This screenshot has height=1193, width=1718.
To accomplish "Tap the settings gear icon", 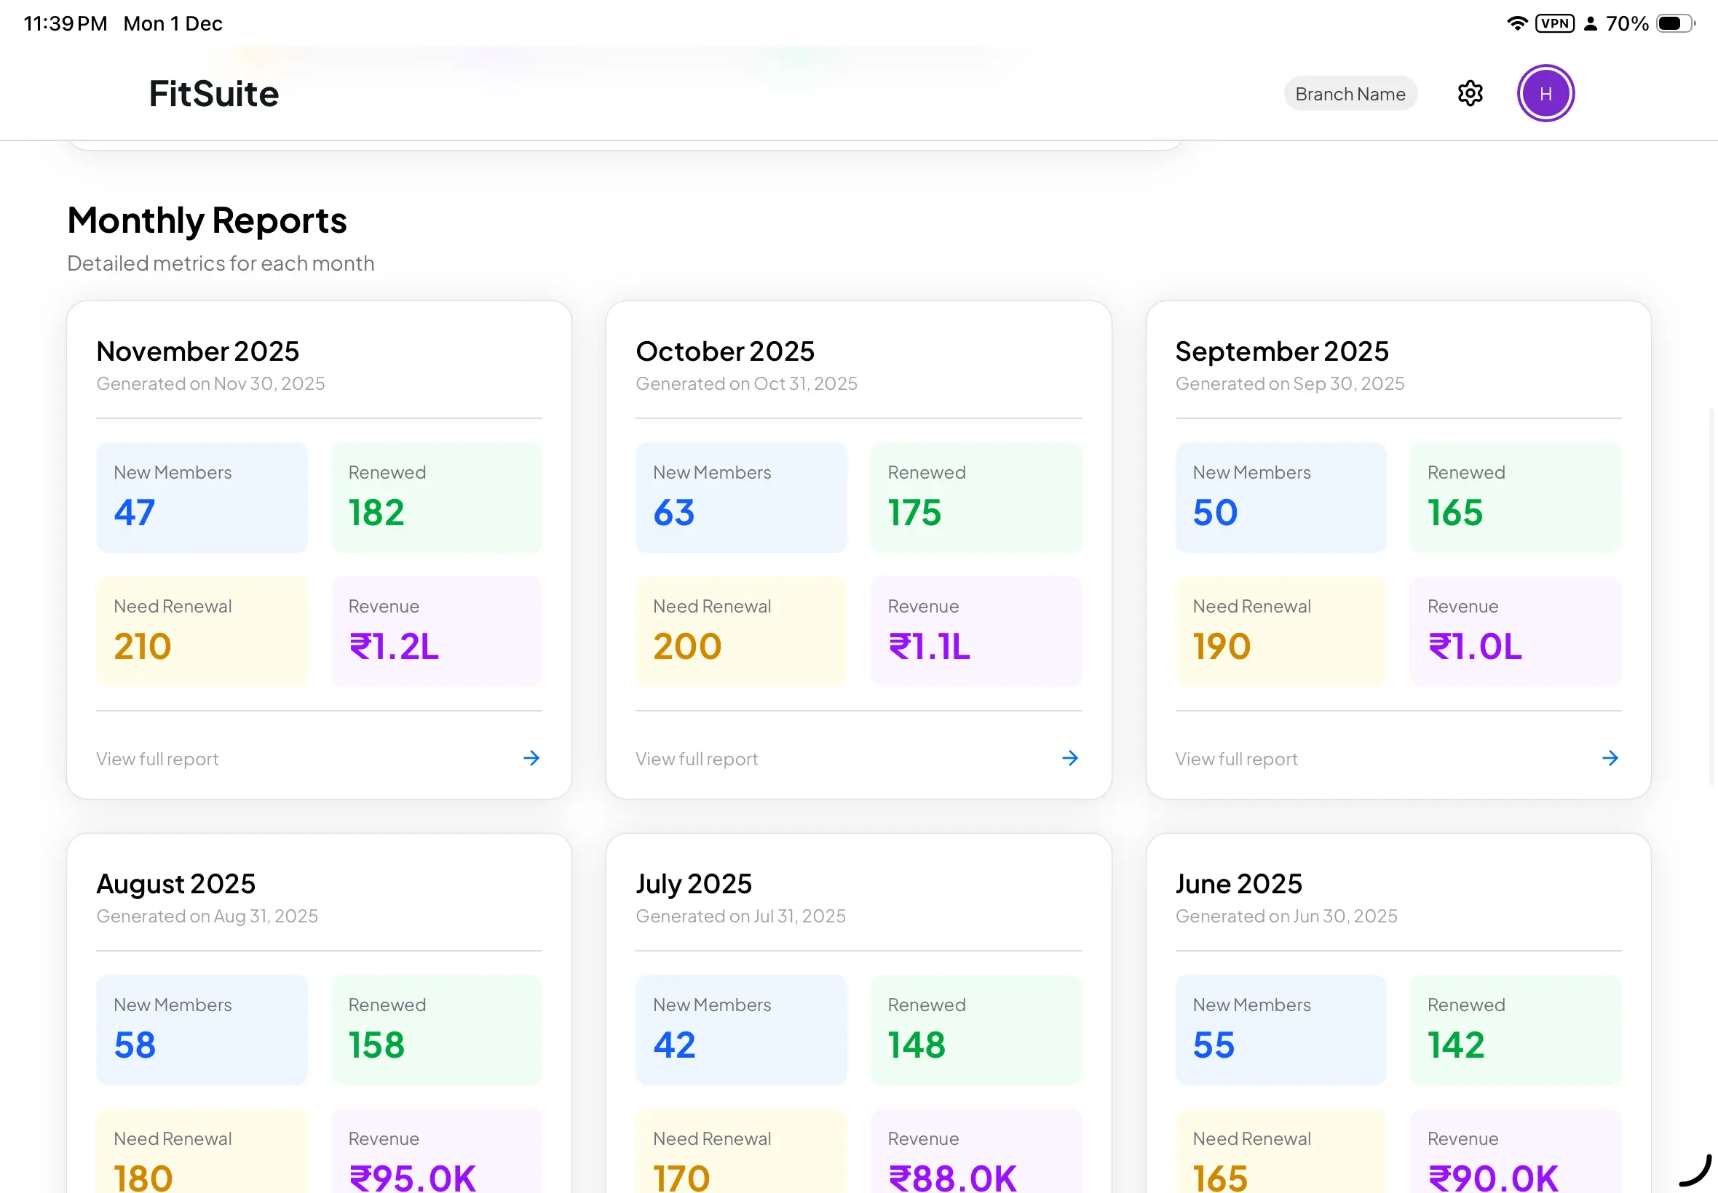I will [1470, 93].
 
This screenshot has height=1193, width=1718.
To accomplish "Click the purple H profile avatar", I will [1545, 93].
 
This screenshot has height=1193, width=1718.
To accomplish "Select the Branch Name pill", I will [1350, 94].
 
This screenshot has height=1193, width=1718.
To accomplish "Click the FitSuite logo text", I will [214, 94].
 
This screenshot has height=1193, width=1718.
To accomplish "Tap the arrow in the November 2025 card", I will [531, 758].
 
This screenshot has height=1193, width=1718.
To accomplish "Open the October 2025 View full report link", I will [697, 759].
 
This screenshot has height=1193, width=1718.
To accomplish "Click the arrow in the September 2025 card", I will [1610, 758].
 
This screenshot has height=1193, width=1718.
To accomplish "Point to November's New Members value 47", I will [135, 513].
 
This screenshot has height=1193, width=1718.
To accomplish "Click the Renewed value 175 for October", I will [914, 513].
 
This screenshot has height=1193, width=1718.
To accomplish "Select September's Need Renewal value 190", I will [1222, 647].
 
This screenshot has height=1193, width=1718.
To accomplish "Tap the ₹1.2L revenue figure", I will [394, 647].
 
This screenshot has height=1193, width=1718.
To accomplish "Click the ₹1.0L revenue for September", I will [1474, 647].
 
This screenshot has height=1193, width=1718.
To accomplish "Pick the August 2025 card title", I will [175, 884].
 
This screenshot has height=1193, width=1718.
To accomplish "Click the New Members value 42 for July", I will [674, 1045].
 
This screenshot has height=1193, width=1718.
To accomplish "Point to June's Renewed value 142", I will [1455, 1045].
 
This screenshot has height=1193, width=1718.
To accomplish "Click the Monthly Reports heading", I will [207, 220].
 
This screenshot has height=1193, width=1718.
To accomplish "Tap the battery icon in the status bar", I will [1674, 23].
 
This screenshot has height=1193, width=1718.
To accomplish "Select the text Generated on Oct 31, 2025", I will [746, 383].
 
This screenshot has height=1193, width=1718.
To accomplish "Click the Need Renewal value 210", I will [142, 647].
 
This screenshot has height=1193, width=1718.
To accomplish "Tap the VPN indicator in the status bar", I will [1554, 23].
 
